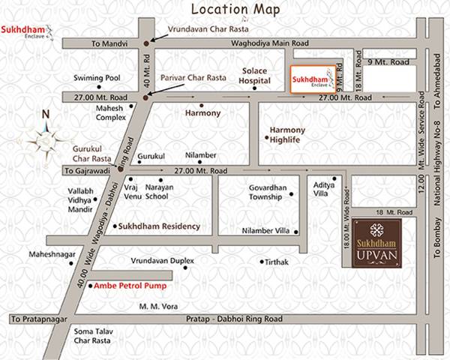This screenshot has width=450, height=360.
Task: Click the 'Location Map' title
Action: point(235,10)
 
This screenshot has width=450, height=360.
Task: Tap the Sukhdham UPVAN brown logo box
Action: point(384,243)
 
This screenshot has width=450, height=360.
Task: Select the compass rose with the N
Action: point(46,137)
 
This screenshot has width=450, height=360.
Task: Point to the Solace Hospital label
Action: point(254,75)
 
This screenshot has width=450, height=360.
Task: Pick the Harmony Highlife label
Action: point(288,134)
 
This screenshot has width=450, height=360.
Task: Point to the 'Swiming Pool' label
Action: point(96,78)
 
